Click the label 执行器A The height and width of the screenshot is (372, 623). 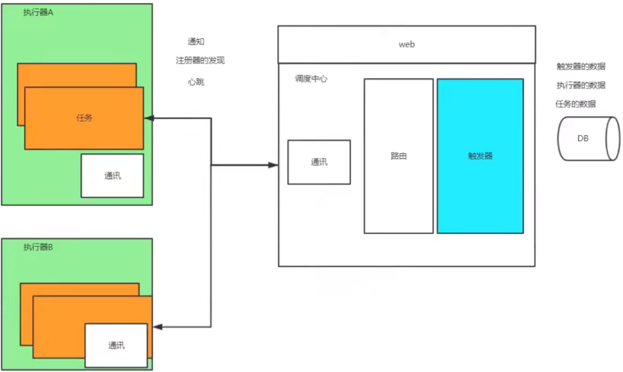38,13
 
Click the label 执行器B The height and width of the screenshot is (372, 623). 38,247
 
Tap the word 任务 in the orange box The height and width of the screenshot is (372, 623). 85,118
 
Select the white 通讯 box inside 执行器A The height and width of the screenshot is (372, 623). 112,176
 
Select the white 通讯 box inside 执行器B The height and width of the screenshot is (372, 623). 116,345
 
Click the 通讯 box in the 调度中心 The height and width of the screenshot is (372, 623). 319,162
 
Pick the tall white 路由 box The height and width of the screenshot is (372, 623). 399,156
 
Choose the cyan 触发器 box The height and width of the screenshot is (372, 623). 480,156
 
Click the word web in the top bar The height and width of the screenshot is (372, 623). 406,44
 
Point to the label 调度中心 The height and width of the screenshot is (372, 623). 311,79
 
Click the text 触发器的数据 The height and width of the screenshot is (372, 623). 581,67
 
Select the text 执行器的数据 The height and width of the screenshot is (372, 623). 581,85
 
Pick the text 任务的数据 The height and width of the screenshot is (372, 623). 577,103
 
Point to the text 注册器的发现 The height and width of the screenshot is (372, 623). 199,60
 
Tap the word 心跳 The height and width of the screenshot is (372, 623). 196,81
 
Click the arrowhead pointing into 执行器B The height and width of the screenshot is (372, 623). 158,326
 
